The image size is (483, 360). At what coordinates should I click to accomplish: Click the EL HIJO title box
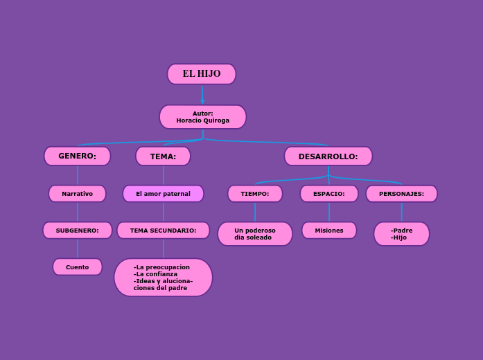coord(202,74)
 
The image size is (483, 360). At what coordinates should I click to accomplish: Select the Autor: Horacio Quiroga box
coord(203,117)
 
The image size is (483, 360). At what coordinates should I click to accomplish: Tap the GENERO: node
coord(77,156)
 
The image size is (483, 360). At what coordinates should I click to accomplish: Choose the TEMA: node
coord(163,156)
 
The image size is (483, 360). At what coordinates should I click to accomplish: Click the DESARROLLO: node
coord(328,156)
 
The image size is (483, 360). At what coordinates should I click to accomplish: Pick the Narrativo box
coord(77,194)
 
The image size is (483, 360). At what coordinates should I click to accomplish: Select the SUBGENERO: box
coord(77,230)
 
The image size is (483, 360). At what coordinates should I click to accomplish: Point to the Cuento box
coord(77,267)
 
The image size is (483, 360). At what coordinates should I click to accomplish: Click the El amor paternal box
coord(163,194)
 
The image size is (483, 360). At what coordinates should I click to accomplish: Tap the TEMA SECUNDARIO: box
coord(163,230)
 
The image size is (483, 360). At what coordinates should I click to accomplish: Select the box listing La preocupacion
coord(163,277)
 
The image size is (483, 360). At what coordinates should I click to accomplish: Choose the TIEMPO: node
coord(255,194)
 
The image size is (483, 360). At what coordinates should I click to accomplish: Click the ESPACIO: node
coord(329,194)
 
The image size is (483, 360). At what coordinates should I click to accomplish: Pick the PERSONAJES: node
coord(401,194)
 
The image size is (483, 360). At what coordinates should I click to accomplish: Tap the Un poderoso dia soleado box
coord(255,234)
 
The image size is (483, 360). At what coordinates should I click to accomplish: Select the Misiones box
coord(329,231)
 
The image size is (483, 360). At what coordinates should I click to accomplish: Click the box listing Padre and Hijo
coord(401,234)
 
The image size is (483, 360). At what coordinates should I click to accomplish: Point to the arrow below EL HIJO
coord(202,95)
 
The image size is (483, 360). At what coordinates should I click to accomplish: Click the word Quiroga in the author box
coord(215,120)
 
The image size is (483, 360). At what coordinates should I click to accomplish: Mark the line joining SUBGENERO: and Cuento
coord(78,249)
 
